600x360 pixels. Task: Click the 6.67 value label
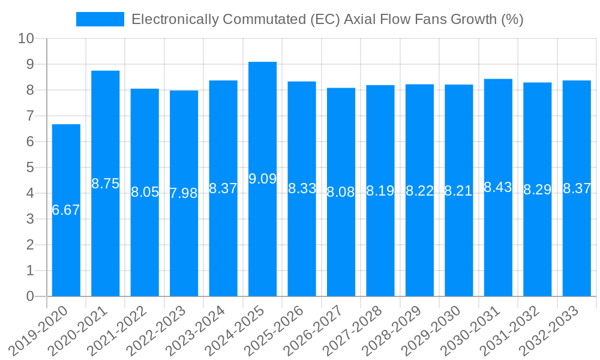coord(66,210)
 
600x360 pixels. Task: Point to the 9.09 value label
coord(262,179)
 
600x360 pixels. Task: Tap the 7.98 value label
coord(184,193)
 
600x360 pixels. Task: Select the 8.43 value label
coord(498,187)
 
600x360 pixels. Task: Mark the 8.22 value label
coord(419,191)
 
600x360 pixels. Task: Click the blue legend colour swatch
coord(100,19)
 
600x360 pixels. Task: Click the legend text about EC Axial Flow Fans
coord(328,19)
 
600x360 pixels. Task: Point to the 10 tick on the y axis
coord(26,38)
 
